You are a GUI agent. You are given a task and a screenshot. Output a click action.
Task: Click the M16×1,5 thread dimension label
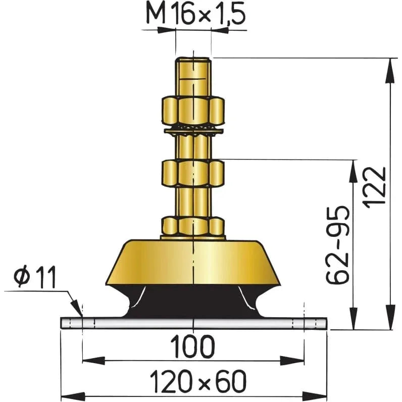[x=194, y=15]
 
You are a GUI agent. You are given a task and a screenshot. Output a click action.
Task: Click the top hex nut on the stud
[x=193, y=111]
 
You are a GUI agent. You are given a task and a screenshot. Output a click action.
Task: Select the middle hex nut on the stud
[x=193, y=173]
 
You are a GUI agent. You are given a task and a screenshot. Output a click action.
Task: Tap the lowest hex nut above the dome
[x=193, y=226]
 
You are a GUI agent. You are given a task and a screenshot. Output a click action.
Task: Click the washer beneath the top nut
[x=193, y=131]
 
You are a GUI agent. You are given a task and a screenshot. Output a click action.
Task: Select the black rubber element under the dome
[x=193, y=300]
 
